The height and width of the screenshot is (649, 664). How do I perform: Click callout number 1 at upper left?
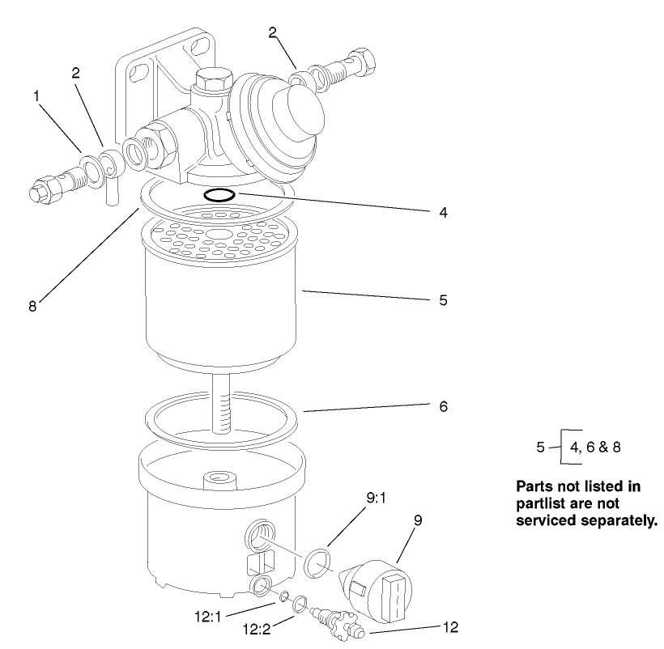pyautogui.click(x=36, y=95)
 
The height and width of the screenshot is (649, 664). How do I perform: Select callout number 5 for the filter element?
pyautogui.click(x=443, y=299)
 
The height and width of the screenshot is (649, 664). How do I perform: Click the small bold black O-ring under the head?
pyautogui.click(x=219, y=194)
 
